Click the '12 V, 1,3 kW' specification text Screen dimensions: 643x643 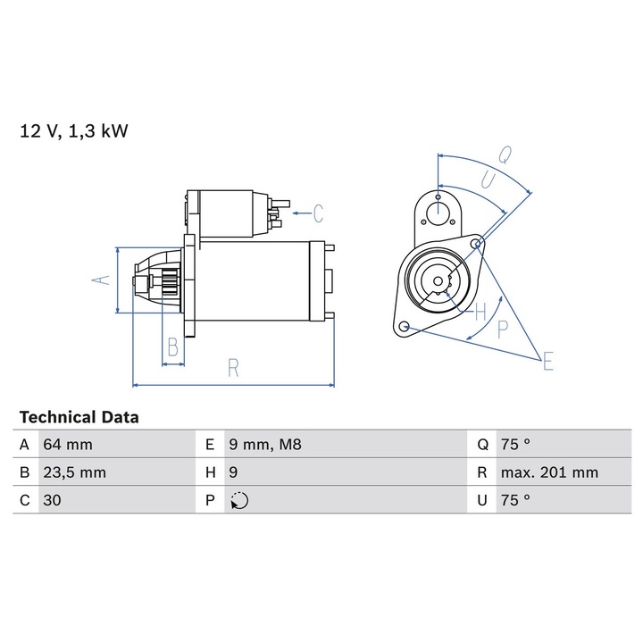click(x=74, y=131)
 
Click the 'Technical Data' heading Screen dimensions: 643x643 click(x=79, y=417)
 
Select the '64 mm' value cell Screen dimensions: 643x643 click(x=68, y=445)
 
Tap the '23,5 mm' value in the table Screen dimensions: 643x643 click(x=75, y=472)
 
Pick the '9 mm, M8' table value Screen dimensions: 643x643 click(x=265, y=445)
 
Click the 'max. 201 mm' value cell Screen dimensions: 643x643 click(x=549, y=472)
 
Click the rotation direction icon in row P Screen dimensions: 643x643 click(x=239, y=501)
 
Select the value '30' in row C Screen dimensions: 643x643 click(x=52, y=500)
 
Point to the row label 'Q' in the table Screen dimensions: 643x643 click(x=482, y=445)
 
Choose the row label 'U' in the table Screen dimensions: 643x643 click(x=482, y=500)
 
